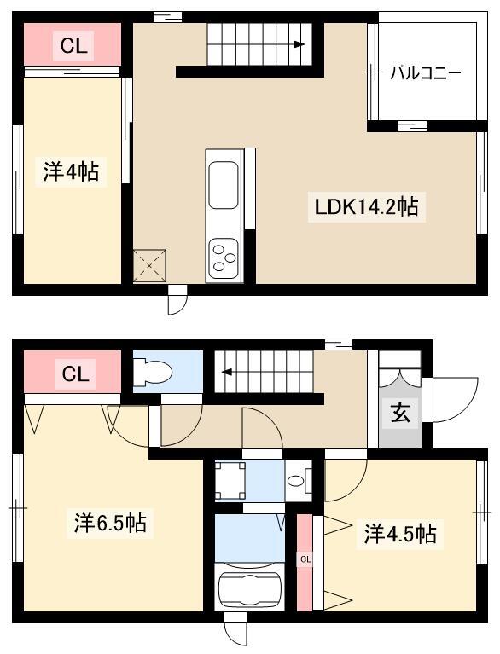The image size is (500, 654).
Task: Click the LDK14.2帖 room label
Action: coord(366,207)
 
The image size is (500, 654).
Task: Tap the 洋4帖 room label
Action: coord(71,172)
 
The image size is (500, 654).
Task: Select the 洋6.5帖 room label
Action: coord(110,522)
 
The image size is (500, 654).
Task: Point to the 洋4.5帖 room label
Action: coord(400,534)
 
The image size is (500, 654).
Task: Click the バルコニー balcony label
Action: coord(426,73)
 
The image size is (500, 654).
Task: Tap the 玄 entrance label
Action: coord(400,414)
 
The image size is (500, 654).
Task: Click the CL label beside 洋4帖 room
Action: coord(73,45)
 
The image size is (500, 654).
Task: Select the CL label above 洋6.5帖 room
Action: coord(75,374)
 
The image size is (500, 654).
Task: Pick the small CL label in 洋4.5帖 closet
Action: coord(305,559)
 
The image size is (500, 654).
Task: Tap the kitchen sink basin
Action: coord(224,185)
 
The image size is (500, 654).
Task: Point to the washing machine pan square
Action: coord(230,480)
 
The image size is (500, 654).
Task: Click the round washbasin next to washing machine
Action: coord(296,481)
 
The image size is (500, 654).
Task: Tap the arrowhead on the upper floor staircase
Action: coord(299,44)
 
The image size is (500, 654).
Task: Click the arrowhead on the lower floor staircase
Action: coord(227,372)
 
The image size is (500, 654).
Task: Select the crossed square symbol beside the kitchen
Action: coord(149,266)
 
